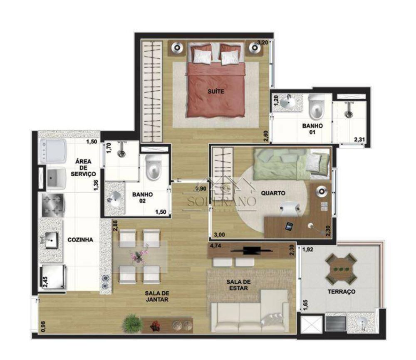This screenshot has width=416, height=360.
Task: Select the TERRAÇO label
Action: pyautogui.click(x=343, y=292)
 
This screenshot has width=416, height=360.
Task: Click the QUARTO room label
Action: pyautogui.click(x=273, y=193)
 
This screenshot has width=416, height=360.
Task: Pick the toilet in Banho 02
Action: pyautogui.click(x=153, y=169)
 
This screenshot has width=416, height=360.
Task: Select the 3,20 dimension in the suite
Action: pyautogui.click(x=262, y=42)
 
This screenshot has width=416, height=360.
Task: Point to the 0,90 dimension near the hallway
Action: pyautogui.click(x=201, y=188)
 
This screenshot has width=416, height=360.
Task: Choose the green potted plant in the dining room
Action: pyautogui.click(x=133, y=322)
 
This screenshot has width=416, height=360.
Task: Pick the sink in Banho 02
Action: pyautogui.click(x=113, y=200)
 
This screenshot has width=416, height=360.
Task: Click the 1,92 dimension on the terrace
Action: pyautogui.click(x=307, y=250)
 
